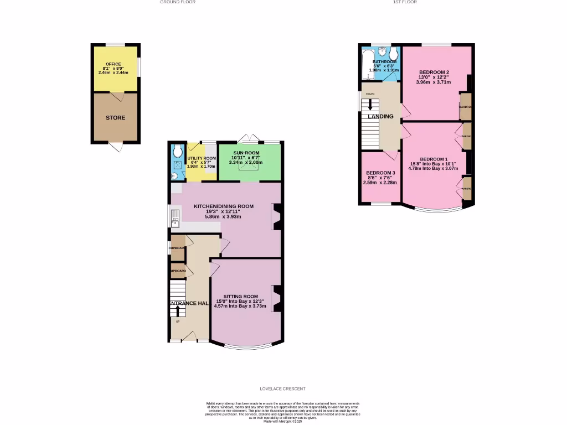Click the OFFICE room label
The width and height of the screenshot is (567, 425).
pos(113,64)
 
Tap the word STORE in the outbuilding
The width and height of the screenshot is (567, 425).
pos(116,118)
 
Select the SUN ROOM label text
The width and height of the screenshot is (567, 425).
pos(246,152)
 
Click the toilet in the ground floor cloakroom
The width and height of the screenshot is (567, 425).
pos(177,151)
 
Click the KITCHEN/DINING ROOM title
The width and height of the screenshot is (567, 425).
pos(223,206)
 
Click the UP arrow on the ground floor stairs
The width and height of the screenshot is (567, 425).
pos(178,311)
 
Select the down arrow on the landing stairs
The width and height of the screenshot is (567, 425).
pos(370,105)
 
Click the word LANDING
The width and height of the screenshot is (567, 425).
pos(381,117)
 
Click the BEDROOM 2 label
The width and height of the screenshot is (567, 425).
pos(434,72)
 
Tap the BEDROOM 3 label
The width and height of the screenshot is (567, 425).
pos(380,173)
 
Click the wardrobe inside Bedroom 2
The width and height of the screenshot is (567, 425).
pos(465,107)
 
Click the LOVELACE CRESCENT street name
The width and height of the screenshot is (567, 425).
pos(282,389)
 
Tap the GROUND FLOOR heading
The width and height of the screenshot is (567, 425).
pos(174,2)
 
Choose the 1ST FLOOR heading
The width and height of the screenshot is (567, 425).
pos(405,2)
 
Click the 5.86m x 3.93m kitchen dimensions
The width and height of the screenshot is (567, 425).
pos(223,216)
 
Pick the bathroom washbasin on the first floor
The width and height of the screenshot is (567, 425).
pos(394,54)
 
